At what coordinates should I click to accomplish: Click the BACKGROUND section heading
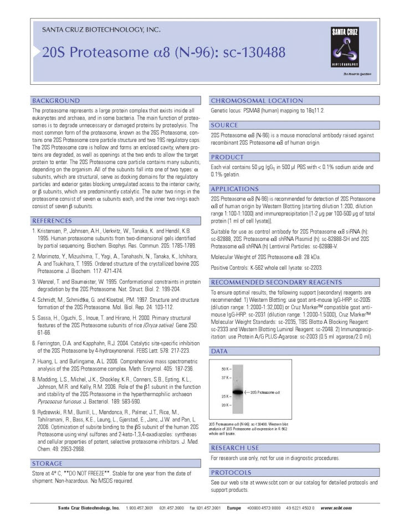56,101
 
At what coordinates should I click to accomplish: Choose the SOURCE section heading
224,125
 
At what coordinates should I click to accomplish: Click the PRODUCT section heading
228,157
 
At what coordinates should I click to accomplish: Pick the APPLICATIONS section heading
235,189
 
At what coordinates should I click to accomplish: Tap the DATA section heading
220,351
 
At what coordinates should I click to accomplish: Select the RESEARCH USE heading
235,447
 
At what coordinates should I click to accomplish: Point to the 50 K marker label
224,368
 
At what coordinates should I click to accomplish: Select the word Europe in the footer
234,508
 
